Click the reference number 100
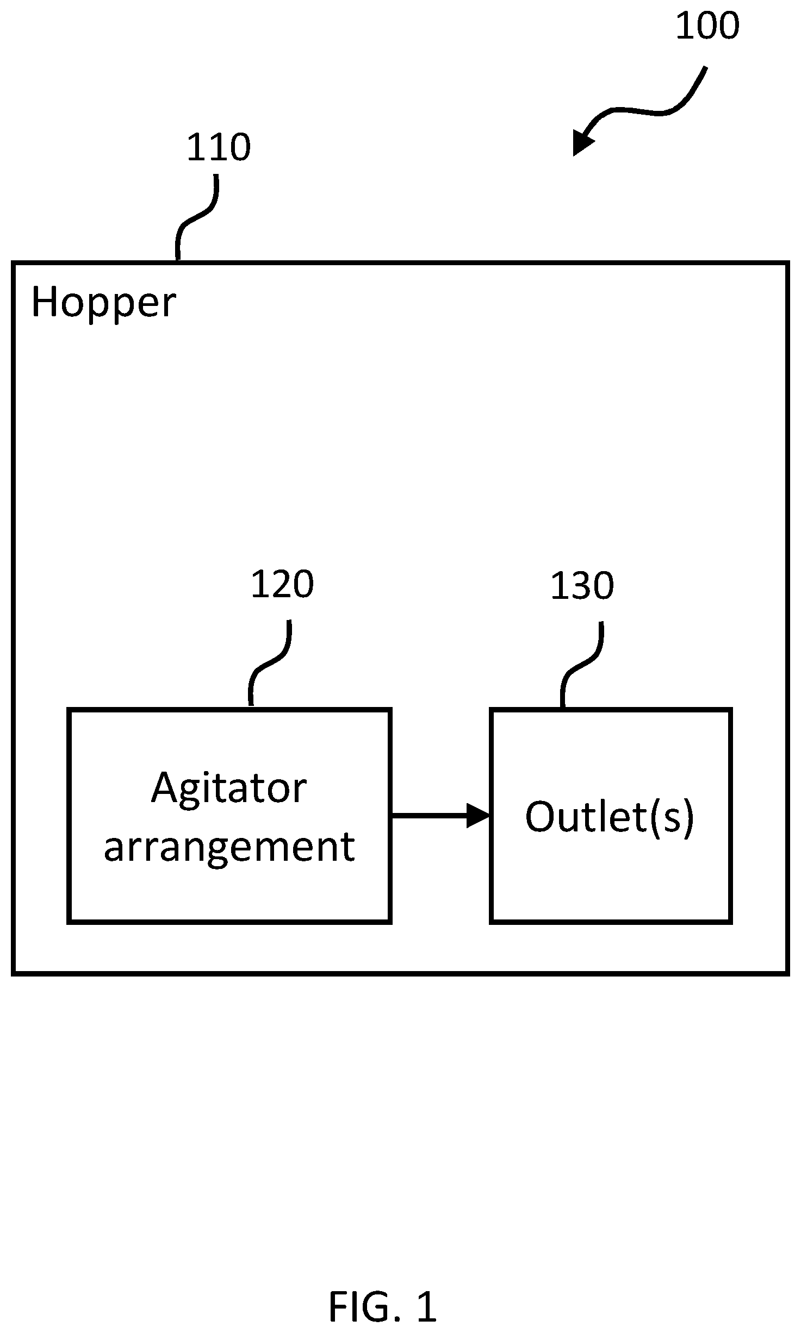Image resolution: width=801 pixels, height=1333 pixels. coord(707,26)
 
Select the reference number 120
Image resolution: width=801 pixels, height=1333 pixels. coord(282,585)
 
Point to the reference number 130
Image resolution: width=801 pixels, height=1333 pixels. coord(582,586)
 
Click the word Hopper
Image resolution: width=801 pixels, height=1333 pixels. coord(104,303)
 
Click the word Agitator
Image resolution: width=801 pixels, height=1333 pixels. coord(229,789)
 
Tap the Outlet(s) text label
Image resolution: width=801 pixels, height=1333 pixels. coord(610,817)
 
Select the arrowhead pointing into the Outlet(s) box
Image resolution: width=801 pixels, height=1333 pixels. coord(479,816)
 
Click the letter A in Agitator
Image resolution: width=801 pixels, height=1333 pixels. coord(165,787)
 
